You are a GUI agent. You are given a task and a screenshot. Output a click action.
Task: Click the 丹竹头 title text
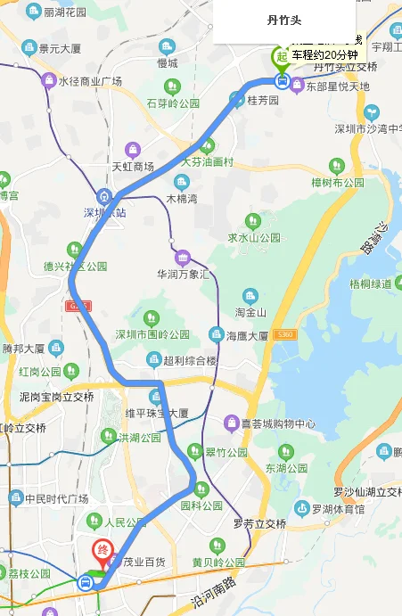coord(284,19)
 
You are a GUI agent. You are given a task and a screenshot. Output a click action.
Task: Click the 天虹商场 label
coord(133,167)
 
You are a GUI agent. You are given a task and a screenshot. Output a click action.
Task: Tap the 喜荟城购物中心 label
coord(279,423)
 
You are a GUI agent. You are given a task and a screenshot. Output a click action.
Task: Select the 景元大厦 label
coord(67,46)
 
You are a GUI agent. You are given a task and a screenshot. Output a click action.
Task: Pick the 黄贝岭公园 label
coord(218,563)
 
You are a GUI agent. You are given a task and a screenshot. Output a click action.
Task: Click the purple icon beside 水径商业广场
coord(48,81)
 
